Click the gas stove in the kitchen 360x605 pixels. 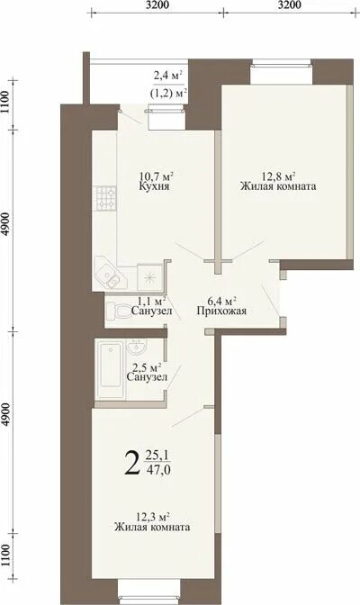[x=105, y=198]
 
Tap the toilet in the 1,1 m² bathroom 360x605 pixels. [x=117, y=311]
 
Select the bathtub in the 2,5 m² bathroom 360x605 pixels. [x=111, y=369]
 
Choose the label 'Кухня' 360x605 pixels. [x=155, y=186]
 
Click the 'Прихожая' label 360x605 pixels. [x=221, y=311]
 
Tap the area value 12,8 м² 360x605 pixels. [x=279, y=176]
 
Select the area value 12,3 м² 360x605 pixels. [x=154, y=517]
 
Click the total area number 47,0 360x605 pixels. [x=157, y=471]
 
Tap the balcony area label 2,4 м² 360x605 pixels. [x=167, y=76]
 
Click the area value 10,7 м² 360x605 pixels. [x=156, y=176]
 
